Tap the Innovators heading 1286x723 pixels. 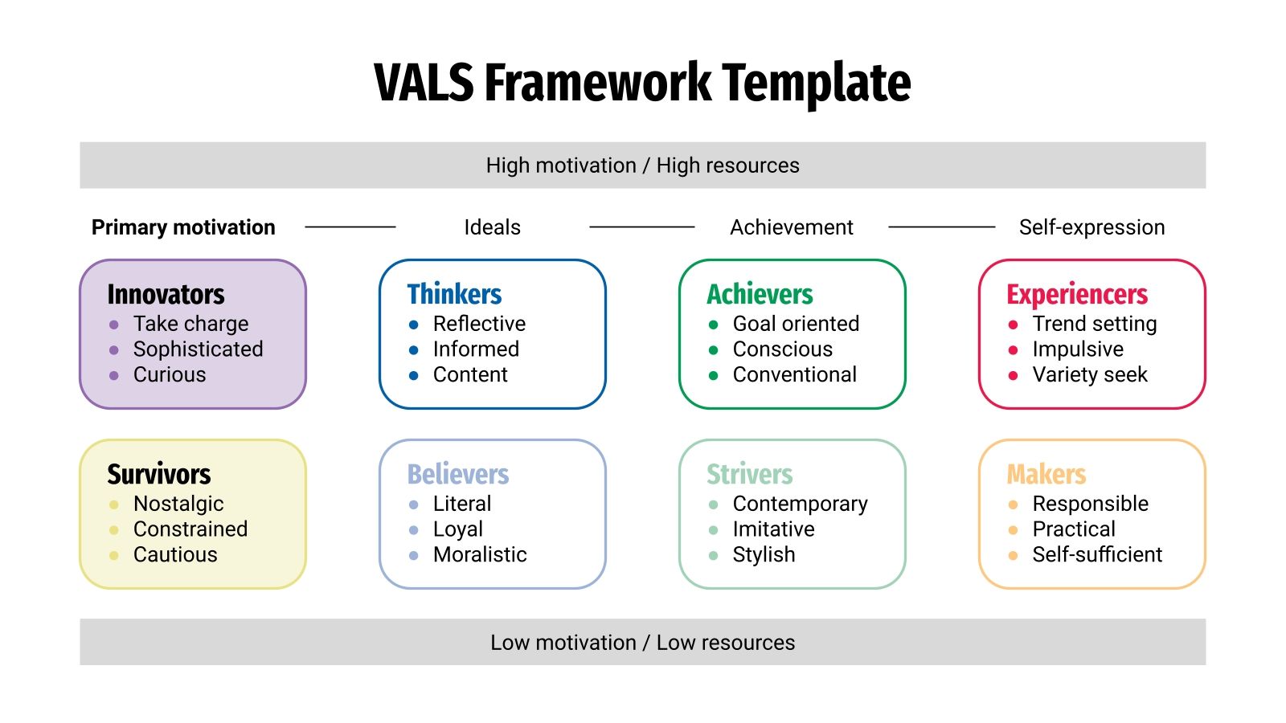click(166, 294)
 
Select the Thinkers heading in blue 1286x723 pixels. click(454, 294)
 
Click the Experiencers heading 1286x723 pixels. click(1077, 295)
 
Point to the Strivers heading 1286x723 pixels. click(749, 474)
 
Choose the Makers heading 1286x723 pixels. click(1046, 474)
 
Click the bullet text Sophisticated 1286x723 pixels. click(198, 349)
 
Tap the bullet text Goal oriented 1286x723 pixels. click(796, 324)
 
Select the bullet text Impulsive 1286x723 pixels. click(1078, 349)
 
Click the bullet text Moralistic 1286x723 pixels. click(480, 555)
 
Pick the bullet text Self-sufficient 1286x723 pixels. click(1097, 555)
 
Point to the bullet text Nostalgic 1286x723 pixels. click(178, 504)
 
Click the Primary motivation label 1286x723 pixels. click(183, 227)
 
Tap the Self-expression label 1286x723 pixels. click(1091, 227)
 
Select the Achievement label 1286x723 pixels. click(791, 227)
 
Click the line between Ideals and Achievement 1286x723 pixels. click(641, 227)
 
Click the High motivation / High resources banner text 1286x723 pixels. click(642, 165)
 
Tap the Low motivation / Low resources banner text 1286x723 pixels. click(642, 643)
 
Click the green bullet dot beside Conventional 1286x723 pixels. click(713, 375)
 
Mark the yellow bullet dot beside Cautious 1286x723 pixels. click(114, 555)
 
